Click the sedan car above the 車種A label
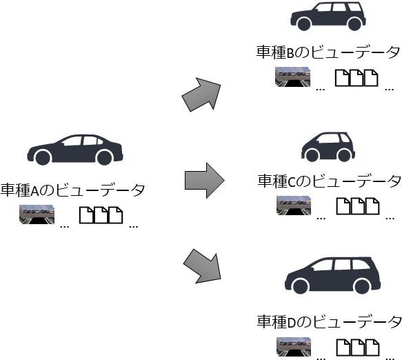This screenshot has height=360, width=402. [75, 150]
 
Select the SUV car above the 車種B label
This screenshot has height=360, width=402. [328, 17]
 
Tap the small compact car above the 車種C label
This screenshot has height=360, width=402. [328, 147]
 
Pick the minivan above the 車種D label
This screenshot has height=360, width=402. [332, 275]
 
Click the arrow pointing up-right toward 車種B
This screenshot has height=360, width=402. [202, 94]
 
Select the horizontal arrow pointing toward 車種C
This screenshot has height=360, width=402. [205, 180]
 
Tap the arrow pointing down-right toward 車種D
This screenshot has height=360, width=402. [203, 267]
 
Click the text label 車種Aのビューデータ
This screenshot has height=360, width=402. [72, 190]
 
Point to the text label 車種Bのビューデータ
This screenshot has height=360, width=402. [328, 52]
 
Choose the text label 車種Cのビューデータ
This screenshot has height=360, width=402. [329, 181]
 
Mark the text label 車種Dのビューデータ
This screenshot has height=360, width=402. [329, 322]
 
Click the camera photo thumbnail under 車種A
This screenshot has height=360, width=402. [37, 214]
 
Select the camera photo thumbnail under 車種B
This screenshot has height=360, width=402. [292, 77]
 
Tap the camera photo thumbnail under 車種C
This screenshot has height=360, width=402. [294, 206]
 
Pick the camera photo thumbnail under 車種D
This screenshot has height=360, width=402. [294, 347]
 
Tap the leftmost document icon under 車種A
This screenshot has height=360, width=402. [86, 215]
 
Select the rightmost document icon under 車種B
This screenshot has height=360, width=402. [371, 78]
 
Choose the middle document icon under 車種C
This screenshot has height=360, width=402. [358, 206]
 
